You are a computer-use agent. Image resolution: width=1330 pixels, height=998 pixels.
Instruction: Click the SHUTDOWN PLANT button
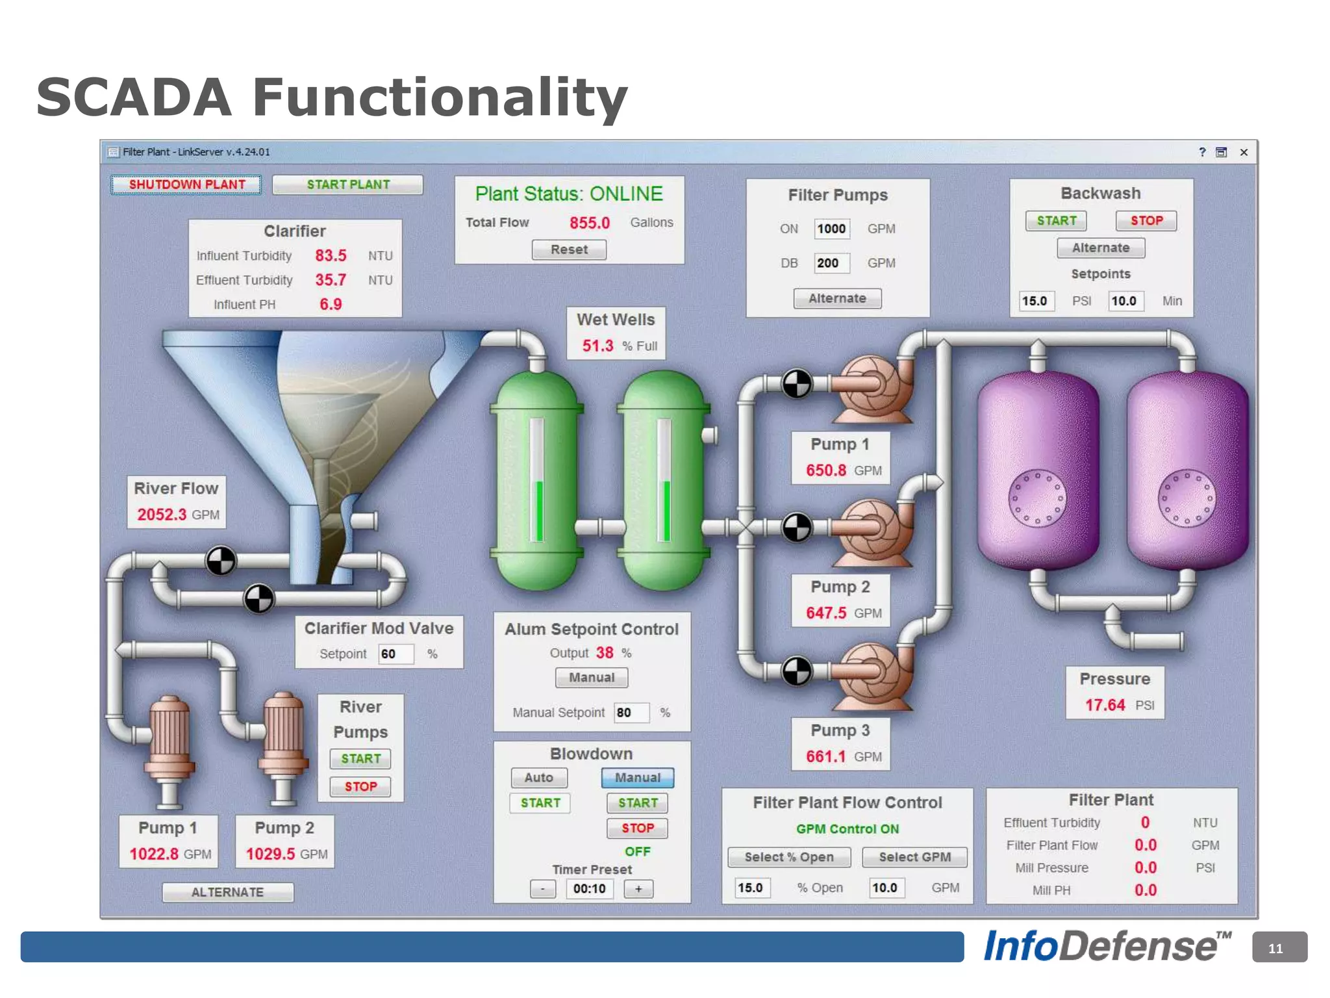pos(186,185)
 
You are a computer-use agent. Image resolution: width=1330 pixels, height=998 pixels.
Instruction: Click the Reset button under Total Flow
pos(569,249)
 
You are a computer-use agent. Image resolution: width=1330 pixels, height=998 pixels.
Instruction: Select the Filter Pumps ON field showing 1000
pos(831,229)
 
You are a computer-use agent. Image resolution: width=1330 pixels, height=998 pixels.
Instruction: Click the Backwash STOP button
pos(1146,221)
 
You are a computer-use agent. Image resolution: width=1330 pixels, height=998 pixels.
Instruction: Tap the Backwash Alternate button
pos(1100,248)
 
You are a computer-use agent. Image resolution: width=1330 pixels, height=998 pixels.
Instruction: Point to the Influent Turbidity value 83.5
pos(331,255)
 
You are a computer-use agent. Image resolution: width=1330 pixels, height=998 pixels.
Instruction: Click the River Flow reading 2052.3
pos(162,515)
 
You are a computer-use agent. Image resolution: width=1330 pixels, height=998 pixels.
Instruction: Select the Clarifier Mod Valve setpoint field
pos(395,654)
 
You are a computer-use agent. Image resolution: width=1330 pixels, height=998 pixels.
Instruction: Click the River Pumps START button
pos(360,759)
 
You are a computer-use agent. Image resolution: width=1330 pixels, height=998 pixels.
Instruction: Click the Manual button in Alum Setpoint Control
pos(591,678)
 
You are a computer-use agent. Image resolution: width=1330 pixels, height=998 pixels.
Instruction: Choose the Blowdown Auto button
pos(538,778)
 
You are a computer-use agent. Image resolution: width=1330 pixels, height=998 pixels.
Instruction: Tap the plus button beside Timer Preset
pos(638,889)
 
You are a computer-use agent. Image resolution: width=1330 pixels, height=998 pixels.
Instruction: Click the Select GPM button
pos(914,857)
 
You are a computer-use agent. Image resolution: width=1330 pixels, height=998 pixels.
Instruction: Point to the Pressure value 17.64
pos(1105,705)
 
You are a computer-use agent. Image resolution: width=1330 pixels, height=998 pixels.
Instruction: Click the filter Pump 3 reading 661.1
pos(825,756)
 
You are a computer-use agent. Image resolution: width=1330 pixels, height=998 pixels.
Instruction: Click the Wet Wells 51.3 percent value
pos(597,346)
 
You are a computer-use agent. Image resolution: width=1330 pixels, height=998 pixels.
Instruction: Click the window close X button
pos(1244,152)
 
